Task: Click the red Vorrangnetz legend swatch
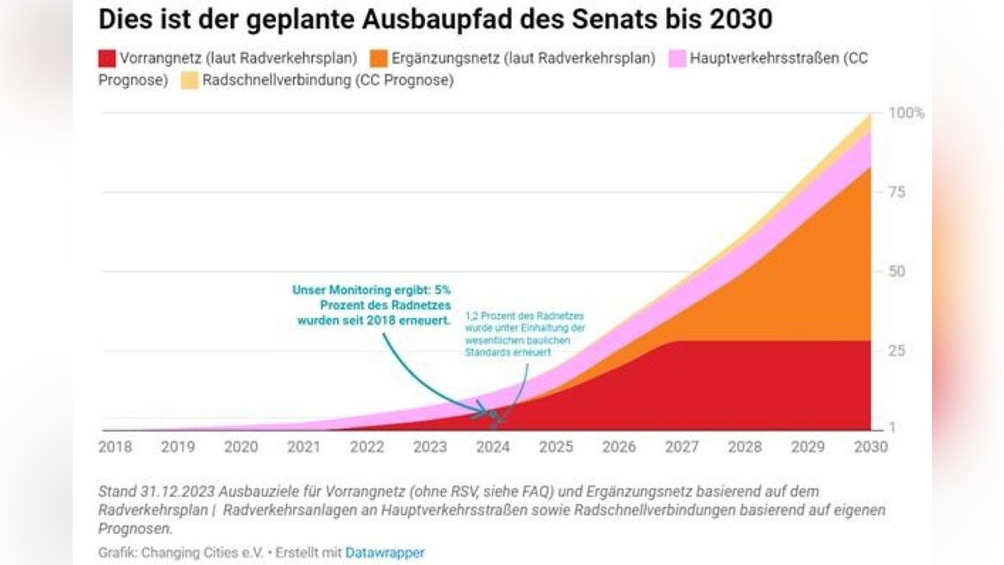[107, 59]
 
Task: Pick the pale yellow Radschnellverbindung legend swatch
[190, 81]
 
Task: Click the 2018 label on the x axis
[115, 447]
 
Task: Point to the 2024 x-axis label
[493, 447]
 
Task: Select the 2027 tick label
[682, 447]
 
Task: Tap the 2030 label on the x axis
[871, 447]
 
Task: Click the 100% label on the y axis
[906, 113]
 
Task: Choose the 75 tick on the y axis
[897, 193]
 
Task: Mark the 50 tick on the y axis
[897, 272]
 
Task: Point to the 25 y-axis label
[897, 351]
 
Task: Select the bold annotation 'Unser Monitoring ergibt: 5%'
[371, 290]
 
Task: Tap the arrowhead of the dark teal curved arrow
[484, 413]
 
